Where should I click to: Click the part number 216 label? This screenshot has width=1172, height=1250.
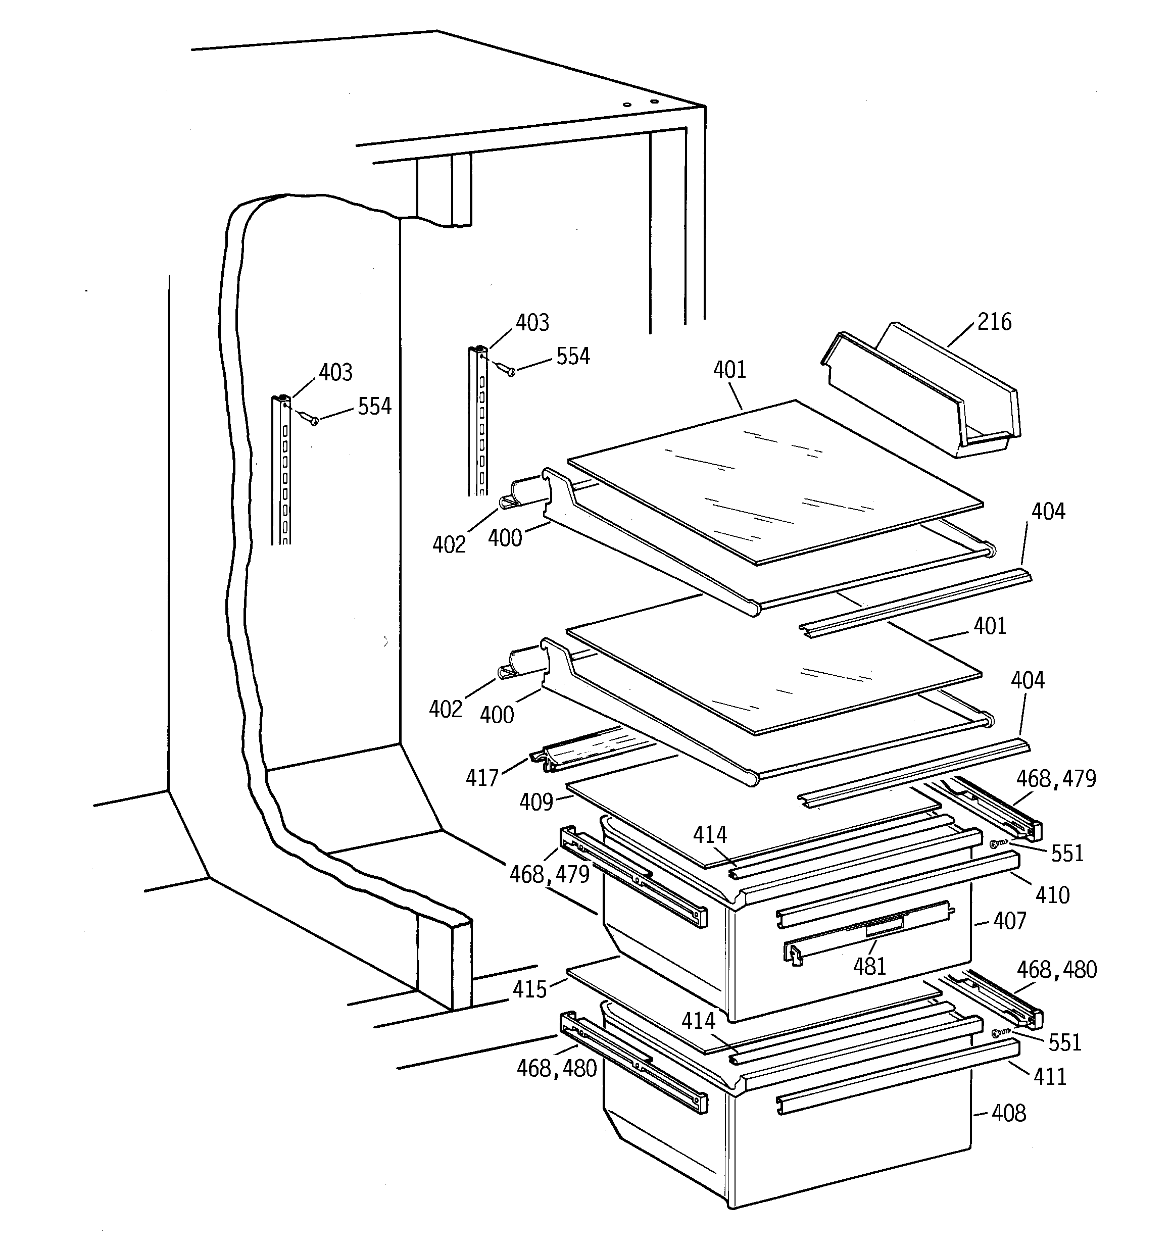pyautogui.click(x=994, y=322)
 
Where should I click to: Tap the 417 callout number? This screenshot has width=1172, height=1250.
pyautogui.click(x=482, y=778)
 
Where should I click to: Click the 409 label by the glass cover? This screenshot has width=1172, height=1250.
pyautogui.click(x=536, y=803)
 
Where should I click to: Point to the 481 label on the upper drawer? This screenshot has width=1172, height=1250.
pyautogui.click(x=869, y=966)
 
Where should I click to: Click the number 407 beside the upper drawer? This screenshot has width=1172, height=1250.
pyautogui.click(x=1010, y=921)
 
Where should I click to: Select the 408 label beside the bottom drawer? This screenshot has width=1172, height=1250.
pyautogui.click(x=1008, y=1114)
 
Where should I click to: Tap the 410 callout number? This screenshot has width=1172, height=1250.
pyautogui.click(x=1052, y=895)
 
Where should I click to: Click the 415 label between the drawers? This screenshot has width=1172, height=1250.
pyautogui.click(x=530, y=990)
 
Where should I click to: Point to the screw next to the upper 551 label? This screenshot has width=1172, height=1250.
pyautogui.click(x=997, y=844)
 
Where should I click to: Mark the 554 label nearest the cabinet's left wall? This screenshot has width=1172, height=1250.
pyautogui.click(x=374, y=407)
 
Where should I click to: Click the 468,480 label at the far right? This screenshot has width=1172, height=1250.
pyautogui.click(x=1056, y=970)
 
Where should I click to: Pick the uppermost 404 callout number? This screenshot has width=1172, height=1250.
pyautogui.click(x=1048, y=512)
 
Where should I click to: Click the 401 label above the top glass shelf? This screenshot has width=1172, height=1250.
pyautogui.click(x=730, y=370)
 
